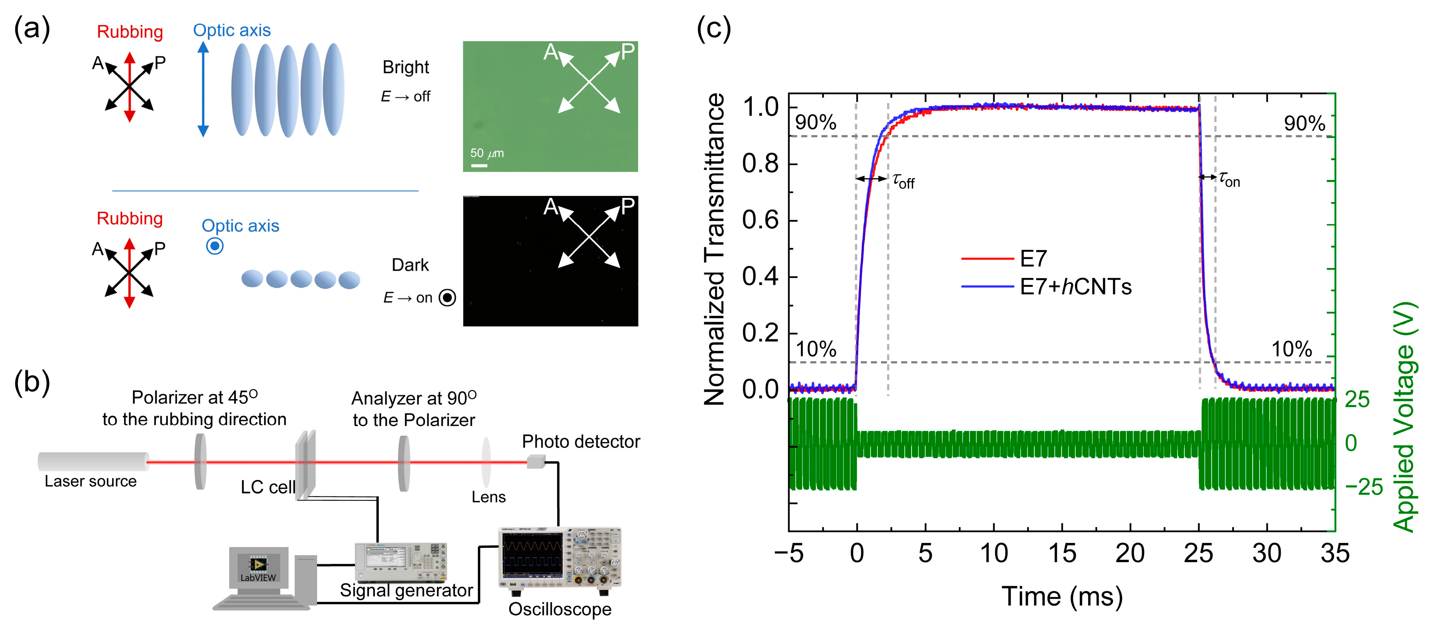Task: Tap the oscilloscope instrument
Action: tap(560, 557)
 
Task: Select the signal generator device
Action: tap(401, 561)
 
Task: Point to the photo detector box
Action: tap(536, 461)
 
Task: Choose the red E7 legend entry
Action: tap(1033, 259)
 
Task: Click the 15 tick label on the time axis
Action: tap(1062, 553)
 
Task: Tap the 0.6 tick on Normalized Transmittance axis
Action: tap(761, 220)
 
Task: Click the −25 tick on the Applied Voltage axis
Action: tap(1363, 487)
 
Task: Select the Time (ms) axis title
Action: tap(1062, 597)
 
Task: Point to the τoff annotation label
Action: tap(903, 180)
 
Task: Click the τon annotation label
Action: tap(1229, 179)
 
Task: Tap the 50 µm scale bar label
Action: tap(487, 153)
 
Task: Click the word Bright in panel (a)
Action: tap(406, 67)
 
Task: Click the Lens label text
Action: tap(489, 497)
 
